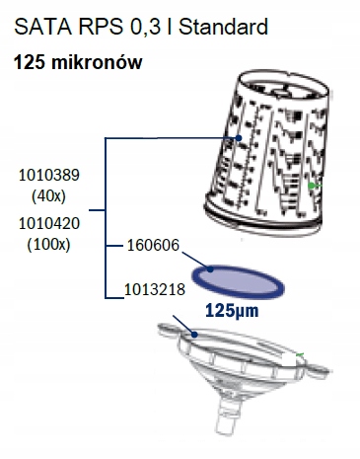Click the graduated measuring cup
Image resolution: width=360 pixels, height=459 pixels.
(x=270, y=158)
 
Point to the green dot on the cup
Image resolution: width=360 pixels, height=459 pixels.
(x=311, y=185)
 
